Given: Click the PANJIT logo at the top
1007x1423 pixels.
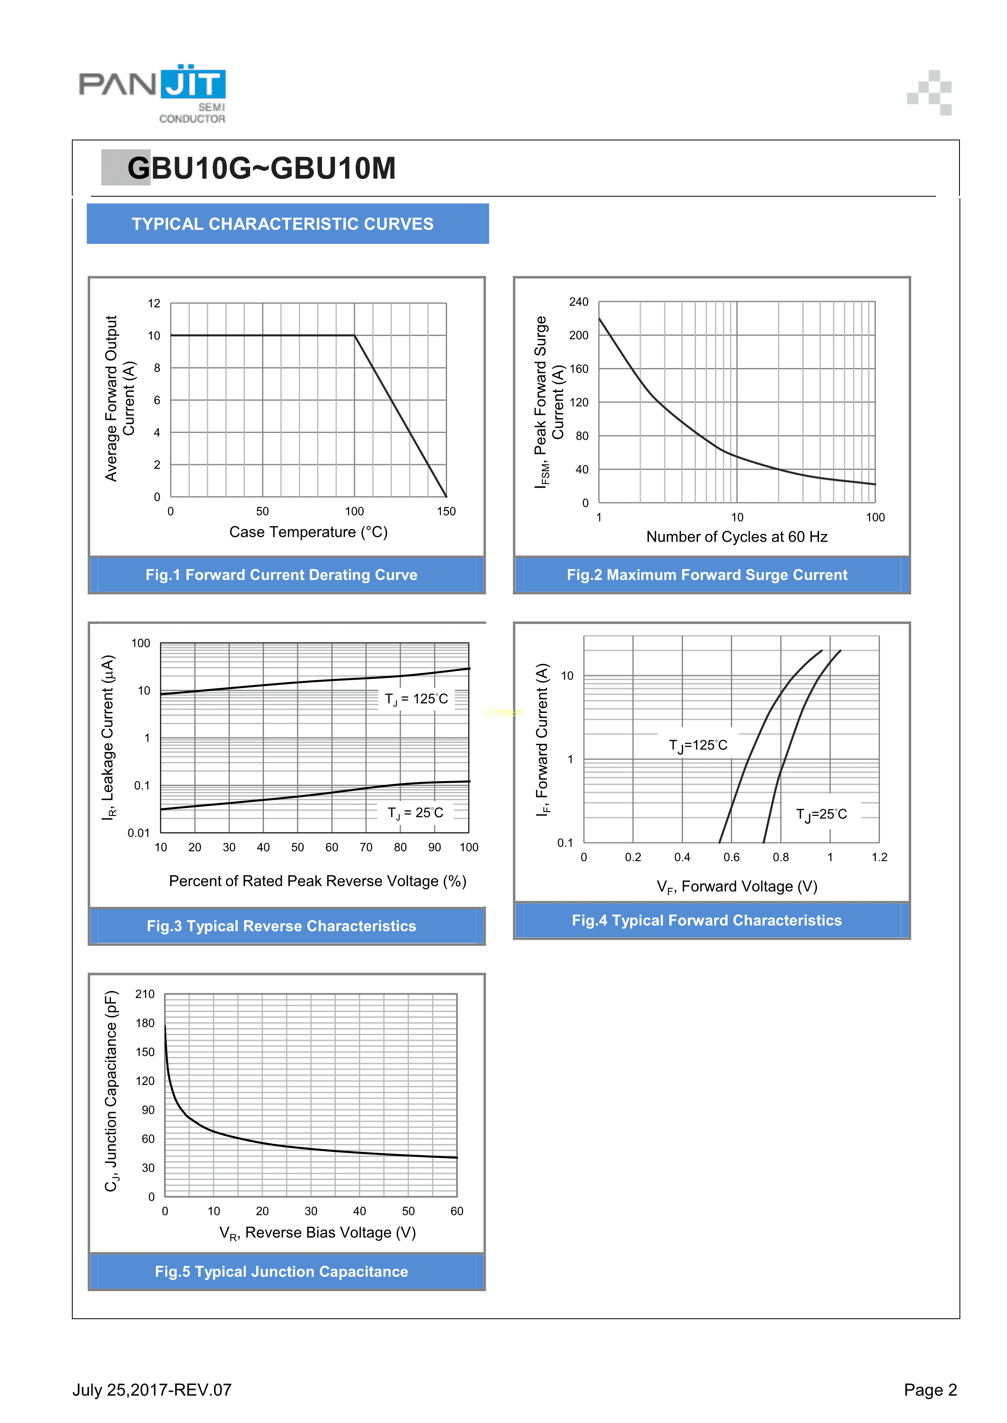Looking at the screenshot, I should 152,93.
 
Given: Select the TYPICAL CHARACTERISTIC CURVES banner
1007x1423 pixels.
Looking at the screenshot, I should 283,224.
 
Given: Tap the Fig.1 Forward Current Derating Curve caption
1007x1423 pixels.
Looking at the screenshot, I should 281,575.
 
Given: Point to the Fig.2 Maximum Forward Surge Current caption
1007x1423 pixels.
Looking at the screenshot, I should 707,575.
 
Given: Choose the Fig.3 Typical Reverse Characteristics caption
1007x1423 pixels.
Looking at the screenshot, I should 281,926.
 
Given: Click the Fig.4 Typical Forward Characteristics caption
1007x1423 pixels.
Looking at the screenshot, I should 707,920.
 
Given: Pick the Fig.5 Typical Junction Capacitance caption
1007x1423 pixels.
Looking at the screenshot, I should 281,1271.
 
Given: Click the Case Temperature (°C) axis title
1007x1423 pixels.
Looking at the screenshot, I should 308,532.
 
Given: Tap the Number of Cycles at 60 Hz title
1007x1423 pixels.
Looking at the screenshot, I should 737,537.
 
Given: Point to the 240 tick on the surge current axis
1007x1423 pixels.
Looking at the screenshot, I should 579,302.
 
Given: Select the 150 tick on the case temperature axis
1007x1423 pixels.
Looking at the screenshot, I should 446,511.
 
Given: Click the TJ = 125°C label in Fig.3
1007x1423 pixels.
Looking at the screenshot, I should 416,699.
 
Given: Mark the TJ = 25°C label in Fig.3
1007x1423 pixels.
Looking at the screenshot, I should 415,812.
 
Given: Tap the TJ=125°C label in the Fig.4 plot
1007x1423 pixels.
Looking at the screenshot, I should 698,745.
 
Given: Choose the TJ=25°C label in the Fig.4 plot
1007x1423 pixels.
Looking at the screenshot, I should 821,814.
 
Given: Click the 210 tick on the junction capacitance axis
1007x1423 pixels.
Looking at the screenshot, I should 145,994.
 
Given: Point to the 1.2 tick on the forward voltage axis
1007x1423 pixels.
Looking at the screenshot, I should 879,857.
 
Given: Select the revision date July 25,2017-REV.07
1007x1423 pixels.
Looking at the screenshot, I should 152,1390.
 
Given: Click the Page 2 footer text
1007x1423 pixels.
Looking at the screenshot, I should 930,1390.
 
